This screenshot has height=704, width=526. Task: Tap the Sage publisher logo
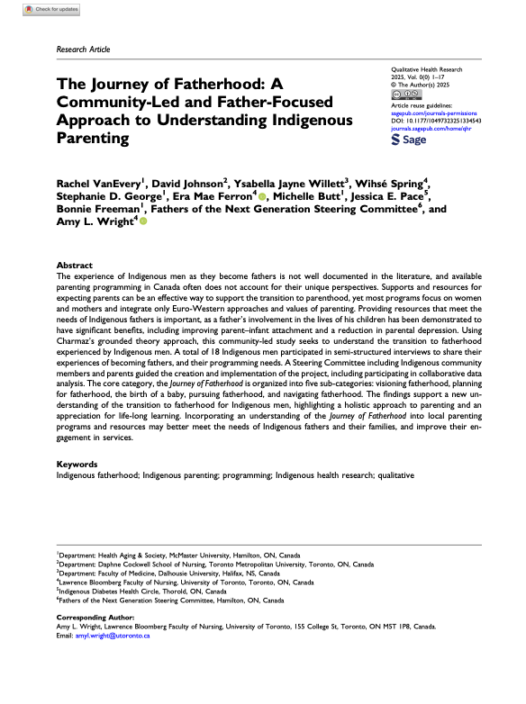click(x=412, y=140)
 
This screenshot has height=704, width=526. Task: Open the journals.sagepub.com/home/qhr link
click(x=431, y=129)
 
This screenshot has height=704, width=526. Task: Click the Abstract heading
click(x=74, y=266)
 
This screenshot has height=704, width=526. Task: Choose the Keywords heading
click(x=77, y=464)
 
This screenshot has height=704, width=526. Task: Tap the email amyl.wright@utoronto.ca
click(x=113, y=636)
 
